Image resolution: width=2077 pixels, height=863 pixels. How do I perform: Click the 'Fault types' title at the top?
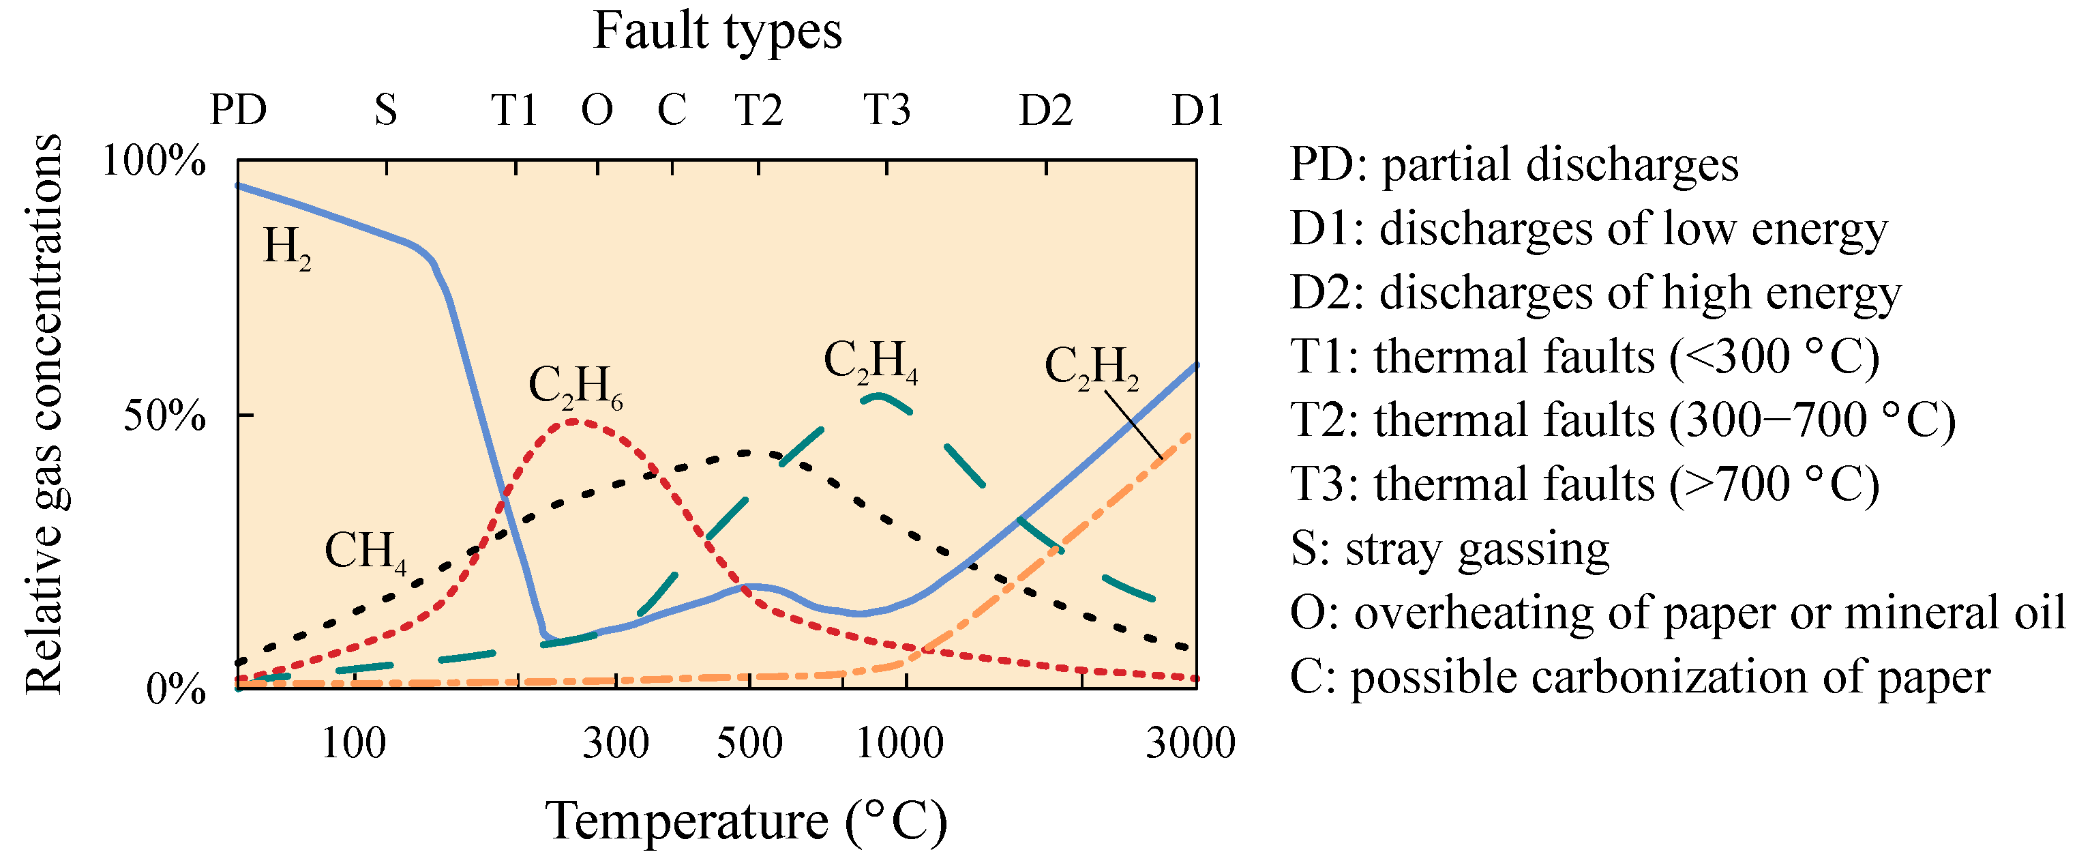tap(717, 32)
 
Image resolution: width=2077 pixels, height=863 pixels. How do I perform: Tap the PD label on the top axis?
tap(238, 110)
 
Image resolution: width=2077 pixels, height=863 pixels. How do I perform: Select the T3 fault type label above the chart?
tap(886, 110)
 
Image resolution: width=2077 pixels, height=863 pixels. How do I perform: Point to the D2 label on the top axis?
tap(1046, 110)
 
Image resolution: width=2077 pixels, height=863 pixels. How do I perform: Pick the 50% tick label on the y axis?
tap(164, 416)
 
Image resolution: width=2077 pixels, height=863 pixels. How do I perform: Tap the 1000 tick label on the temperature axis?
tap(899, 743)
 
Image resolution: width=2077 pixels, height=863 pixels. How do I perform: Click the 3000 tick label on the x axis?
tap(1190, 743)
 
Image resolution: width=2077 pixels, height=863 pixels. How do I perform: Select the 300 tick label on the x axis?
tap(616, 743)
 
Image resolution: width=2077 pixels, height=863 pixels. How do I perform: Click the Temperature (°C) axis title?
tap(747, 821)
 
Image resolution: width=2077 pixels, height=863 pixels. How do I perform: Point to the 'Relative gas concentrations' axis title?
tap(44, 413)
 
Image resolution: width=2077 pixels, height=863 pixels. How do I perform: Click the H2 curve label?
tap(287, 248)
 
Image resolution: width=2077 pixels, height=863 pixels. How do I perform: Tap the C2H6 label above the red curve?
tap(575, 386)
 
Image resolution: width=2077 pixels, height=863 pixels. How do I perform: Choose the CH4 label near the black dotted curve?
tap(364, 553)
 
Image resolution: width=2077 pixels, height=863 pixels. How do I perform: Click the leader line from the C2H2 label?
tap(1133, 424)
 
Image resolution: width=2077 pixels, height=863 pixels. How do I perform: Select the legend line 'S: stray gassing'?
tap(1449, 549)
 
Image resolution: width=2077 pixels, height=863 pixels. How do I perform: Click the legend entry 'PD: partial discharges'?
tap(1513, 164)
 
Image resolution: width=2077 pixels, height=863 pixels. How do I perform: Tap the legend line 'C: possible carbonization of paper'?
tap(1639, 677)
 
